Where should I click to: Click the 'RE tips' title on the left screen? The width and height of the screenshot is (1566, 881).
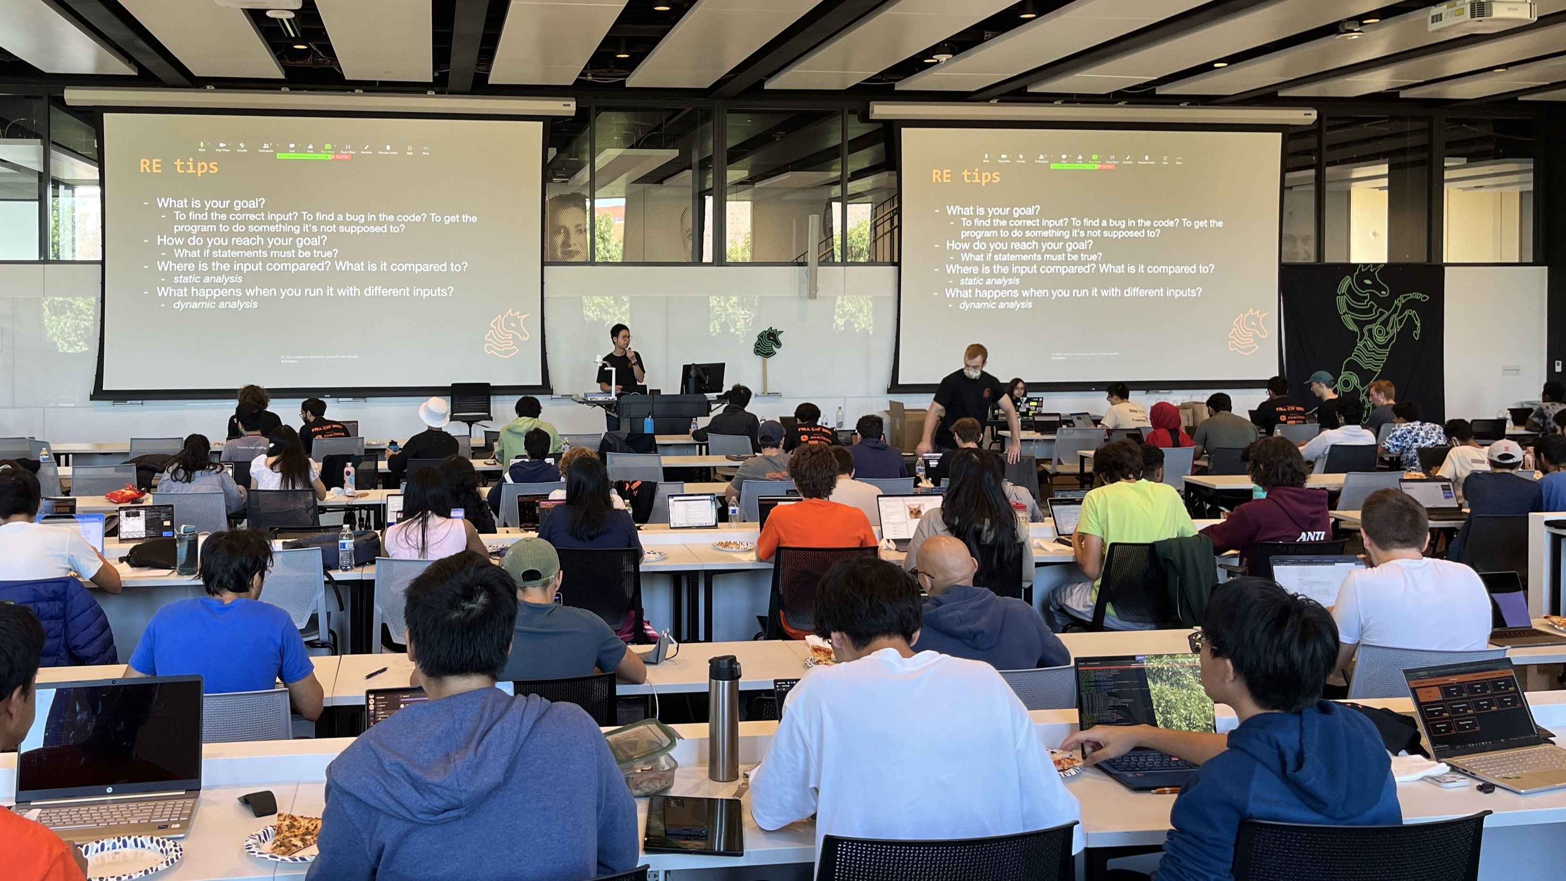[179, 166]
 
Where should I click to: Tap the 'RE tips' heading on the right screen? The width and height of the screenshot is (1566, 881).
[966, 176]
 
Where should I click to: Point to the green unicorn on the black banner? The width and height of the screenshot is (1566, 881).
[1375, 340]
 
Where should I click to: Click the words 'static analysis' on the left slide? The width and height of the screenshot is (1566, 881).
[208, 279]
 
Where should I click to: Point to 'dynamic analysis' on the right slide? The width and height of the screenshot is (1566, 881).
[995, 304]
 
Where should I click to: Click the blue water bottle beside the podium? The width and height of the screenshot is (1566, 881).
[649, 423]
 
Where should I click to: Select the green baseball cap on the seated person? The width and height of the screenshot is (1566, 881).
[530, 559]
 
